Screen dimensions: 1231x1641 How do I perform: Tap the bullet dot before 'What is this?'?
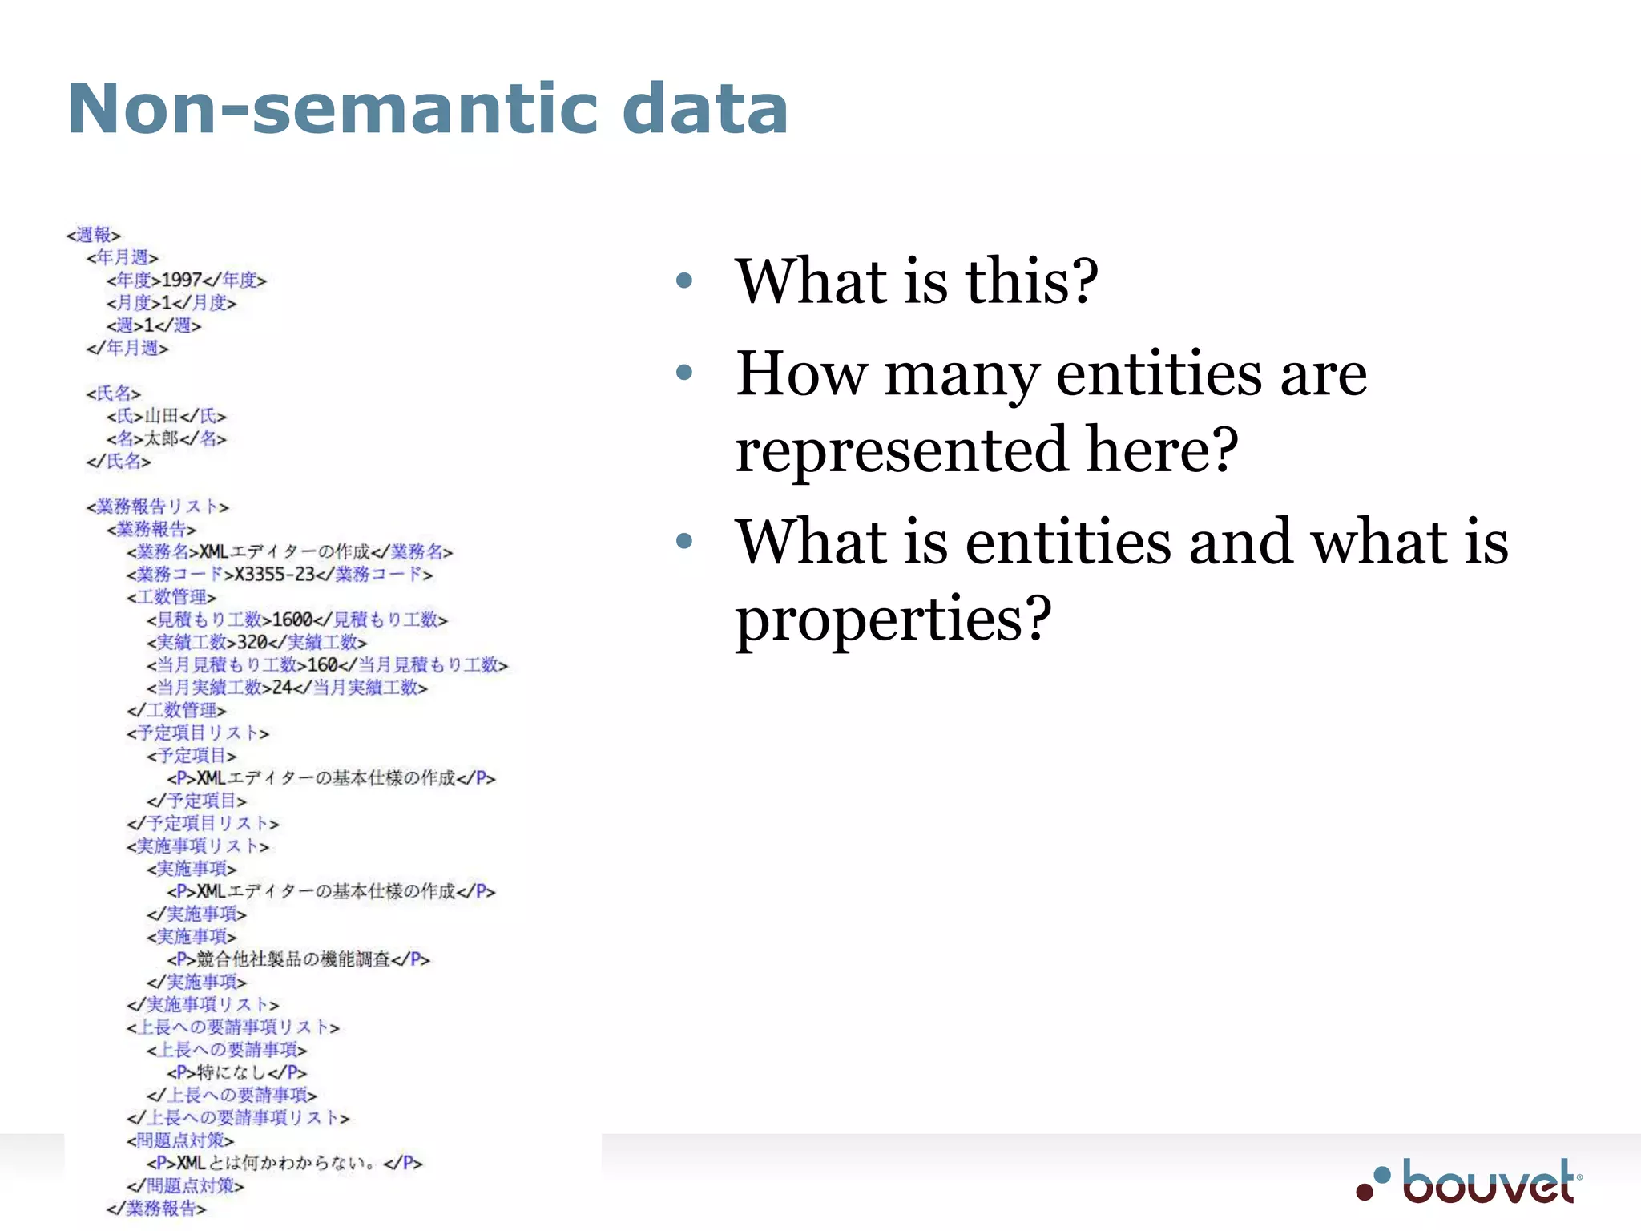pyautogui.click(x=683, y=281)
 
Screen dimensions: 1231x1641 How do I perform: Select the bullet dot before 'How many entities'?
pyautogui.click(x=683, y=372)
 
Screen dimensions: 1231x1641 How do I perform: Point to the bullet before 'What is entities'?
pyautogui.click(x=683, y=541)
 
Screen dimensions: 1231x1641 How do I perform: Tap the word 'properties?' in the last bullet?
pyautogui.click(x=893, y=619)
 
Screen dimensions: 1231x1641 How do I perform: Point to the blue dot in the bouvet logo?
pyautogui.click(x=1381, y=1174)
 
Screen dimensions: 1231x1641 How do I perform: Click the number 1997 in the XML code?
pyautogui.click(x=181, y=280)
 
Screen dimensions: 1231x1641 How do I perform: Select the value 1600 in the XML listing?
pyautogui.click(x=292, y=620)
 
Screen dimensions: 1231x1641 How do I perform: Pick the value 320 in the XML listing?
pyautogui.click(x=252, y=642)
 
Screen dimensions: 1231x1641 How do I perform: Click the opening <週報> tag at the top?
pyautogui.click(x=93, y=235)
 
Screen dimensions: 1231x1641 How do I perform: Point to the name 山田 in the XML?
pyautogui.click(x=161, y=416)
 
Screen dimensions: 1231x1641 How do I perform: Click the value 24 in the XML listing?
pyautogui.click(x=281, y=688)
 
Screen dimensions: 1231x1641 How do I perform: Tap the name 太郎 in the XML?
pyautogui.click(x=161, y=438)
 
